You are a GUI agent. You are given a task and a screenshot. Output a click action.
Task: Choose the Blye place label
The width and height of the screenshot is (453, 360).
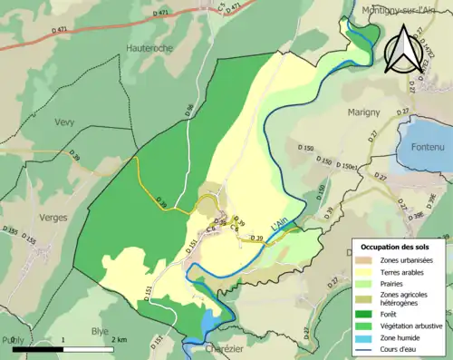[100, 331]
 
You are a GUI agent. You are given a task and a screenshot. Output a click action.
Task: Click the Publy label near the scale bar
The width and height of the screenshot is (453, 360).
[14, 339]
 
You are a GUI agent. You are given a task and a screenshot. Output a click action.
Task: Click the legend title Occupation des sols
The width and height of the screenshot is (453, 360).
[396, 246]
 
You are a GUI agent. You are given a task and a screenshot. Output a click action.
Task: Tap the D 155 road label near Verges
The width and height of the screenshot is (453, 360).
[30, 240]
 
